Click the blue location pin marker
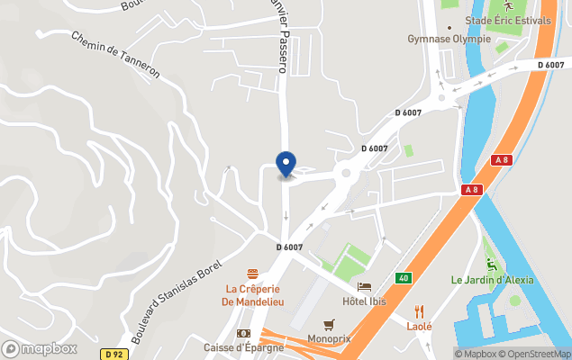286,164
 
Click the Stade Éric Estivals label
508,21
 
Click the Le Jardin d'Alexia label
492,280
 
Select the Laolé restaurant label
419,326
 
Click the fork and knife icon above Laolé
419,310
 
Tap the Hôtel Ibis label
364,301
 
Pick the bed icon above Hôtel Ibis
364,286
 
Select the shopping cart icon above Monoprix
329,325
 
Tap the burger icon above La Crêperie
254,273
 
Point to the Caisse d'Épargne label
243,347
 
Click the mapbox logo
40,348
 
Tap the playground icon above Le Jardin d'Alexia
491,265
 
